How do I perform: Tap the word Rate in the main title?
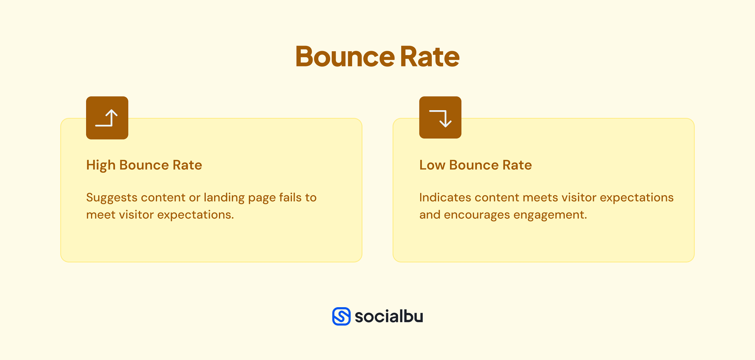coord(430,57)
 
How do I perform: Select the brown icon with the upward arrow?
coord(107,118)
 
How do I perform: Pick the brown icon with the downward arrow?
coord(440,117)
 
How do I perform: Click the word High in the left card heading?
coord(100,165)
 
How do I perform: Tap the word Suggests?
coord(111,198)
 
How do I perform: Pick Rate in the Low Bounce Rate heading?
coord(517,165)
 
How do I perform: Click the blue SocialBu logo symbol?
coord(341,316)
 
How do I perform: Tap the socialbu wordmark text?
coord(389,316)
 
